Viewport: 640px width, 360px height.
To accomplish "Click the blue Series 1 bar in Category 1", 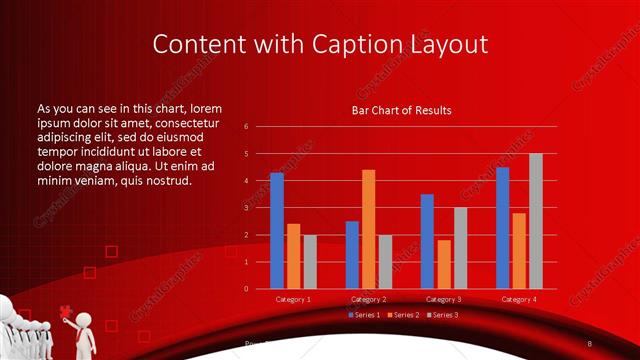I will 277,231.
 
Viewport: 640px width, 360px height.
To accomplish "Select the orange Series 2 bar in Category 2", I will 368,229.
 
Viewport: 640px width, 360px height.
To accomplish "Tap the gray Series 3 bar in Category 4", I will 536,221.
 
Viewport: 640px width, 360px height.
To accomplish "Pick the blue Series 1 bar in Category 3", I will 427,241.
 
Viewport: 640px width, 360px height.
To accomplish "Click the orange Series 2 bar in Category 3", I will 444,264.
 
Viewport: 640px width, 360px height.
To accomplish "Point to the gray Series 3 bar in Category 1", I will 310,262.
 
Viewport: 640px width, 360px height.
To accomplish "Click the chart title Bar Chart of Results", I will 401,110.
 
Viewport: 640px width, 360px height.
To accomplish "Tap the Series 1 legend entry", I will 364,315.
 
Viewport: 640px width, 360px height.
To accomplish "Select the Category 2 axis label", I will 368,299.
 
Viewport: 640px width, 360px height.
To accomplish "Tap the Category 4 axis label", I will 518,299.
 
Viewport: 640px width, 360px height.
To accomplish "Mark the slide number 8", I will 590,343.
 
